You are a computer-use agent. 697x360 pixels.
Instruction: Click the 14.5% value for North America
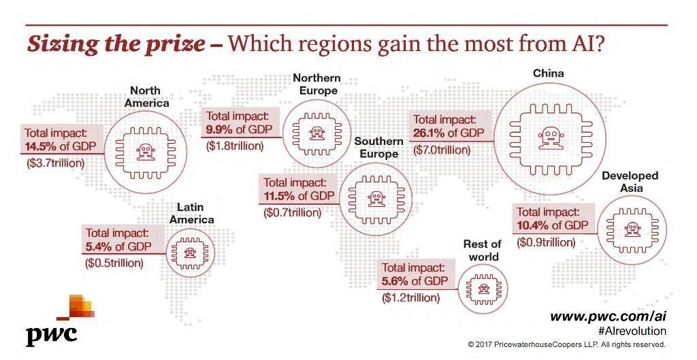coord(41,147)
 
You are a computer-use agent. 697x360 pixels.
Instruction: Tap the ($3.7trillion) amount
coord(56,163)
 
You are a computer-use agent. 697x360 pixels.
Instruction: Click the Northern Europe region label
coord(316,84)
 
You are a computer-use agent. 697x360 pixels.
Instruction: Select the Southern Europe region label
coord(379,147)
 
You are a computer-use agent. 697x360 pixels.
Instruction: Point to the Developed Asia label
coord(630,182)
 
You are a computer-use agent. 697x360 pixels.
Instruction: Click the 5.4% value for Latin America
coord(99,246)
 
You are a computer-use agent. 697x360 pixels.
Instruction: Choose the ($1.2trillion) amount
coord(411,297)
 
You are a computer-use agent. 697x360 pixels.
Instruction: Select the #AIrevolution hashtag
coord(631,331)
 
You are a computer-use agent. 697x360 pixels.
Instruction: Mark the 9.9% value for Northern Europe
coord(220,129)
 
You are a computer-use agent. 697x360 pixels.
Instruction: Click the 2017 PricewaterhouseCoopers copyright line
coord(566,345)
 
